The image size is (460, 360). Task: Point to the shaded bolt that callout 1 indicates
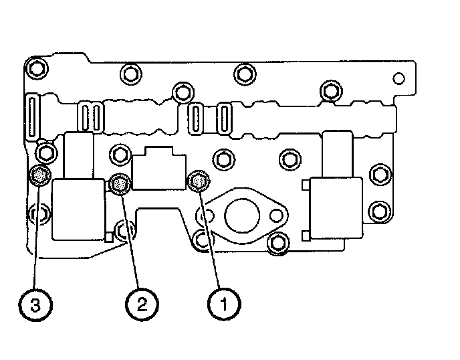pyautogui.click(x=199, y=179)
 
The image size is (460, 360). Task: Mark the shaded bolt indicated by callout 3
pyautogui.click(x=40, y=177)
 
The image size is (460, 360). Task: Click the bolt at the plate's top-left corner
pyautogui.click(x=35, y=67)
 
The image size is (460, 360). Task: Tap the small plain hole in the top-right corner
pyautogui.click(x=398, y=79)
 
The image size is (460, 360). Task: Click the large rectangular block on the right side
pyautogui.click(x=334, y=208)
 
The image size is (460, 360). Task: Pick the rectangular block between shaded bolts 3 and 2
pyautogui.click(x=78, y=209)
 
